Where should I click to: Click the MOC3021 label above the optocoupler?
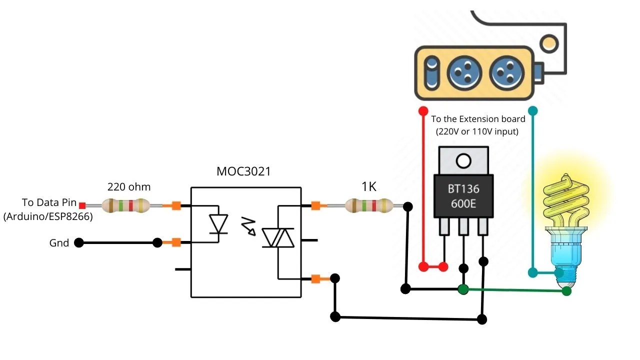(x=243, y=171)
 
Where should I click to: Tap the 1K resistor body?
(x=369, y=205)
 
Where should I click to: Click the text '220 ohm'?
(x=129, y=187)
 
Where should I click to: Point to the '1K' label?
(x=369, y=187)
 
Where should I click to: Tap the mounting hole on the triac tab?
(x=463, y=161)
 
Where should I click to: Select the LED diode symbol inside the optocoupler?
(x=218, y=223)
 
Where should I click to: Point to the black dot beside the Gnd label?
(x=78, y=243)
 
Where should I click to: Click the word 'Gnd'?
(x=59, y=243)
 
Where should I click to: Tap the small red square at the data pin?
(x=82, y=205)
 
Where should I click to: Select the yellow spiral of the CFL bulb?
(x=564, y=200)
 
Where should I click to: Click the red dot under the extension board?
(x=423, y=110)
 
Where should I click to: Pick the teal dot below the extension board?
(x=533, y=110)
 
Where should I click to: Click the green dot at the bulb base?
(x=566, y=291)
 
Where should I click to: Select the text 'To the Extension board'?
(x=478, y=119)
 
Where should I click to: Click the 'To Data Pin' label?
(x=49, y=202)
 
